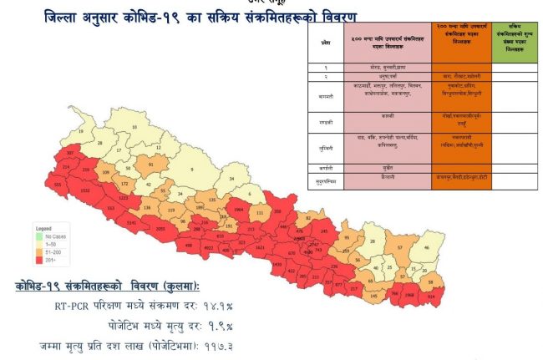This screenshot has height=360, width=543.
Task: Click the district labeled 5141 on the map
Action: (x=131, y=223)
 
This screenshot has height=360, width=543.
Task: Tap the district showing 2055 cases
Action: (x=161, y=228)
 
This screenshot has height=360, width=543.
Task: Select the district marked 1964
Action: (x=239, y=210)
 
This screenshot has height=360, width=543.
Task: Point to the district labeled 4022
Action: (x=209, y=247)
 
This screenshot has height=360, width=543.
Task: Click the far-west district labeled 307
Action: (x=70, y=154)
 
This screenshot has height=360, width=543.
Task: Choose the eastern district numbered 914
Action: (x=430, y=296)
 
